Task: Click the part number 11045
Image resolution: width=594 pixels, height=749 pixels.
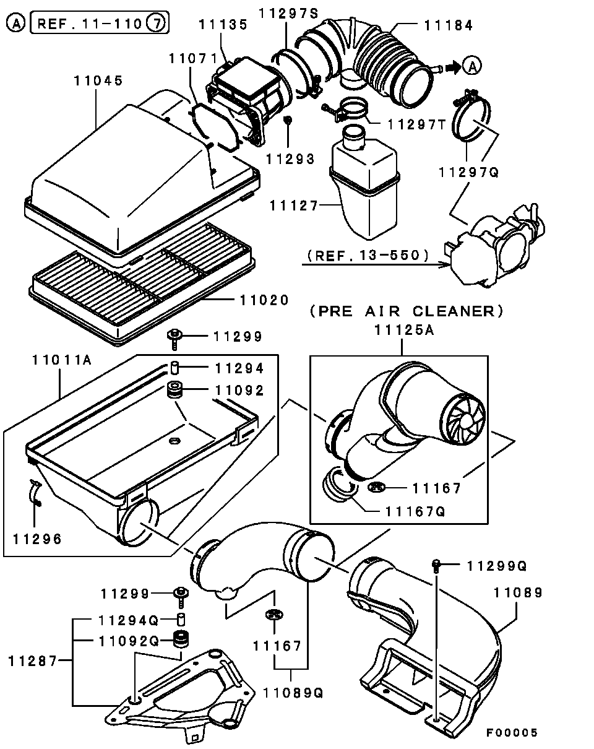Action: coord(98,80)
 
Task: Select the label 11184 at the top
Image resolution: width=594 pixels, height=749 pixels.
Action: coord(449,25)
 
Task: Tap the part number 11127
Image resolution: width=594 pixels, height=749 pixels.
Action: coord(293,206)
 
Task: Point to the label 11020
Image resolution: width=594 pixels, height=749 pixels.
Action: coord(264,300)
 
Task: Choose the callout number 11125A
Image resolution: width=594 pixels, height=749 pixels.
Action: coord(403,331)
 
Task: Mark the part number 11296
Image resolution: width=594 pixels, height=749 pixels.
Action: coord(38,539)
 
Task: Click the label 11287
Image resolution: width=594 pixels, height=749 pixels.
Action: coord(33,660)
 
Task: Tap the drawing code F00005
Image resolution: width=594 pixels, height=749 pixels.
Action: coord(511,733)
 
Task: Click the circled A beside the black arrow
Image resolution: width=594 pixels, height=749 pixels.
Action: coord(472,65)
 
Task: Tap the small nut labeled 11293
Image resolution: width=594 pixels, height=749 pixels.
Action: coord(288,119)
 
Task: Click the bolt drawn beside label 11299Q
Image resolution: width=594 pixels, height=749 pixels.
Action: coord(437,565)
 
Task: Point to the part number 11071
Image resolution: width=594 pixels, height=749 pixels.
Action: coord(193,58)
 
